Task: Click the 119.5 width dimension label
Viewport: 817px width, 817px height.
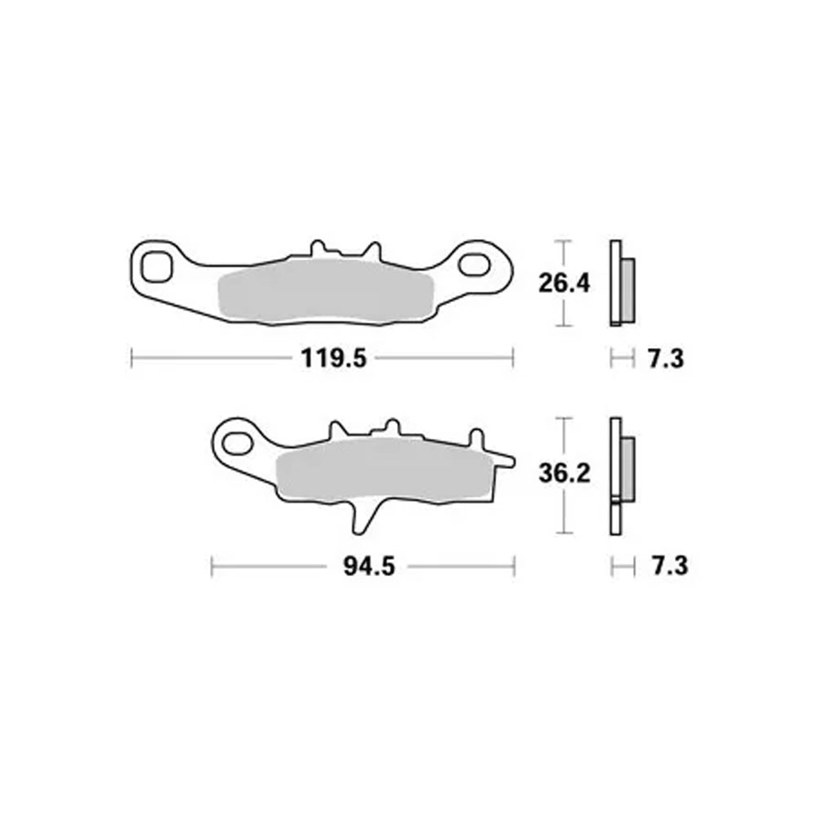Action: (x=333, y=359)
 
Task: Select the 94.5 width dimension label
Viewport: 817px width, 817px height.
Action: (x=369, y=566)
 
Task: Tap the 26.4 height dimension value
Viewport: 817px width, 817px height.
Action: (x=564, y=284)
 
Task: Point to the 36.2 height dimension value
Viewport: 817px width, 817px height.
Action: (x=565, y=474)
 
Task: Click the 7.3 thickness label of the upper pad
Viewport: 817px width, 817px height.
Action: (x=665, y=359)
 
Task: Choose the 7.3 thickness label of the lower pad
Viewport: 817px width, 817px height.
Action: (x=670, y=566)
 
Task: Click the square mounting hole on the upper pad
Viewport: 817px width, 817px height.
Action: (x=156, y=267)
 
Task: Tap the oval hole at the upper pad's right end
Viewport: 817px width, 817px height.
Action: (x=474, y=265)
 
